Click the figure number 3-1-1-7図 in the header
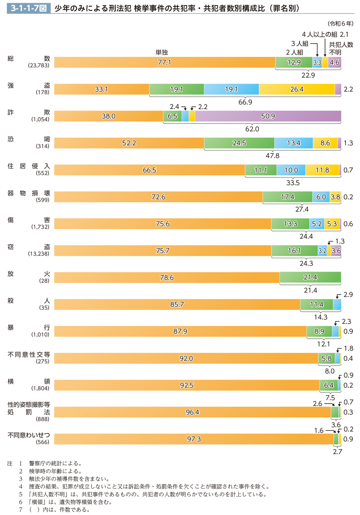(x=29, y=8)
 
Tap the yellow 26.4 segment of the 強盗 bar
(x=296, y=90)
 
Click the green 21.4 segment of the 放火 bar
(x=310, y=277)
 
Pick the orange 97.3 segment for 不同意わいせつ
(x=194, y=439)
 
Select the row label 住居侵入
(x=28, y=167)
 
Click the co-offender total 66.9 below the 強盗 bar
(x=245, y=102)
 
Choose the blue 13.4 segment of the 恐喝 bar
(x=294, y=143)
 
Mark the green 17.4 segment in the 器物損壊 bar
(x=287, y=197)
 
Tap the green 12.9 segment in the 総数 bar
(x=294, y=63)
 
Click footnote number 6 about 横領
(x=21, y=502)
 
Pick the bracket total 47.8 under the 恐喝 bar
(x=272, y=155)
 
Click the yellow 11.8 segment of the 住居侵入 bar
(x=322, y=170)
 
